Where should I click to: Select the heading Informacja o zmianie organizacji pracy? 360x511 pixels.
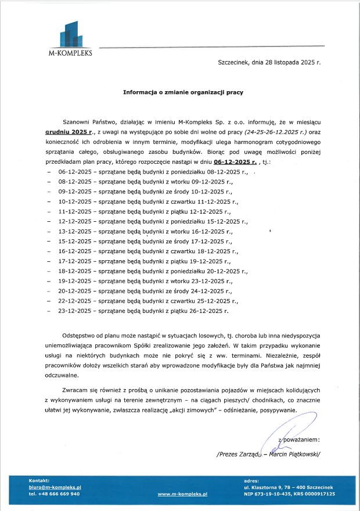click(183, 92)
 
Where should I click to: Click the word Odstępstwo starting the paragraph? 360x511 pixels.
click(81, 336)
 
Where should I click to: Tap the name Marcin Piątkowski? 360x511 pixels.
click(294, 454)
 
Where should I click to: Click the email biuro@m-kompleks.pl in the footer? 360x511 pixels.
click(55, 487)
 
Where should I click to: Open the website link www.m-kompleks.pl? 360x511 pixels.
click(182, 494)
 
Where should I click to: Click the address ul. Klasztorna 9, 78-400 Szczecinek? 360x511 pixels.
click(288, 487)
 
